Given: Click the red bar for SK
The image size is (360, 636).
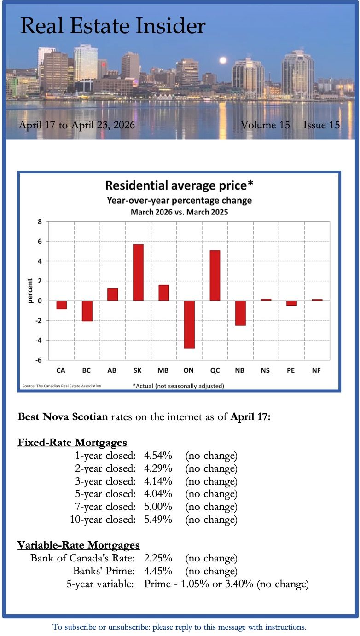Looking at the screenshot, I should tap(138, 272).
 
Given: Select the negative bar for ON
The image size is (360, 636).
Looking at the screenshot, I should tap(189, 324).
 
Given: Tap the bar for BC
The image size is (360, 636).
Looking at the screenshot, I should tap(87, 311).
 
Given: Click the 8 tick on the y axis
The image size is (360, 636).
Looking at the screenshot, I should tap(40, 222).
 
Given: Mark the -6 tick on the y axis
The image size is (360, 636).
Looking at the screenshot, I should tap(39, 360).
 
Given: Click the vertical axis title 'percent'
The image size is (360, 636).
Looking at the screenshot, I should tap(30, 291).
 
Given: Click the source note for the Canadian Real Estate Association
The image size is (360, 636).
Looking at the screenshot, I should tap(62, 386).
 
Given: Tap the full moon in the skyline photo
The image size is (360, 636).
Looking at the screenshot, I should tap(223, 60).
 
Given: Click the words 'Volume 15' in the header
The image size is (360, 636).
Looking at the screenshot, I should tap(265, 125).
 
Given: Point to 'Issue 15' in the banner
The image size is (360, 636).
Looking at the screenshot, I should tap(321, 125).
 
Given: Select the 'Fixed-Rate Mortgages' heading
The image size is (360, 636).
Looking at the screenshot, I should tap(72, 443).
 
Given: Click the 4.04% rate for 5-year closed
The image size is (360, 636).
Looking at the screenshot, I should tap(158, 494).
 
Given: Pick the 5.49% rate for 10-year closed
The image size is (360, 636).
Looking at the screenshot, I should tap(158, 520).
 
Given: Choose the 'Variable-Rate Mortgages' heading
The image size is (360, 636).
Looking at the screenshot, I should tap(79, 545).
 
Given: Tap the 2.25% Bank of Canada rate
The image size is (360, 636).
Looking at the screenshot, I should tap(158, 559).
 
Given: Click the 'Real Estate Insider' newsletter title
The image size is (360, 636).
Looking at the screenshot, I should tap(113, 26).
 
